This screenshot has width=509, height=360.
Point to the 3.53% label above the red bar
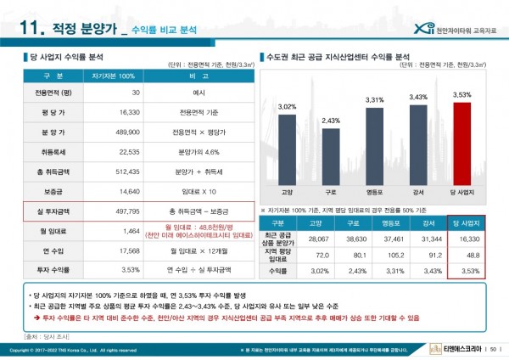point(461,94)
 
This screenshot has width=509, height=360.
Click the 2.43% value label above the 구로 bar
point(331,121)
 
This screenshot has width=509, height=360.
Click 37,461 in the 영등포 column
point(374,239)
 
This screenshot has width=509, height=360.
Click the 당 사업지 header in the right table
point(465,223)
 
